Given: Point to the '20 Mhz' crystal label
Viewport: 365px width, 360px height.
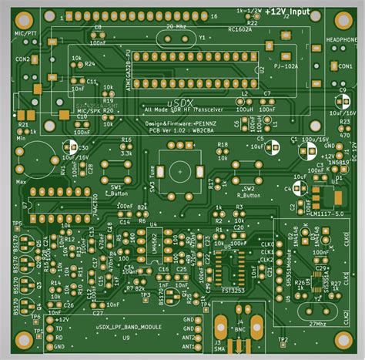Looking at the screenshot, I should click(x=176, y=25).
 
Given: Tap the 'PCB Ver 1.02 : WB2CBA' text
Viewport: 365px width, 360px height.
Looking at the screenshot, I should click(x=181, y=131).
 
